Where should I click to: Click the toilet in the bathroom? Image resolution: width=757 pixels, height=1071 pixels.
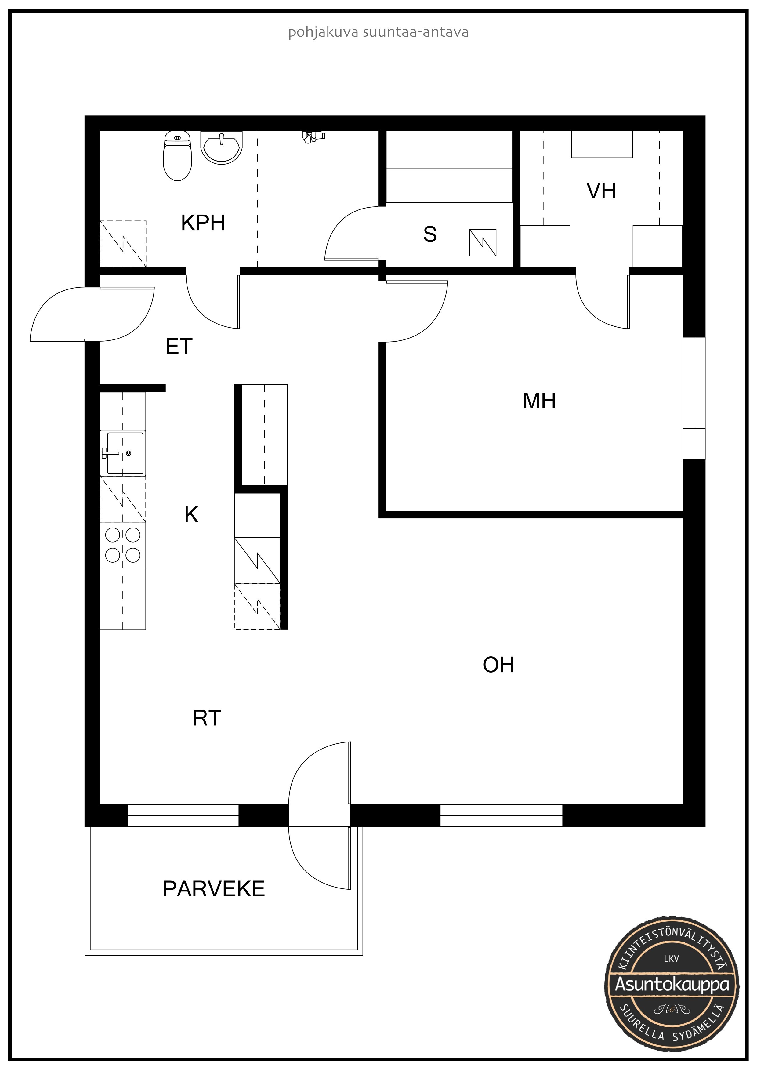tap(177, 155)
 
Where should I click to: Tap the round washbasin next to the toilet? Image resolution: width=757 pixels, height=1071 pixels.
tap(222, 147)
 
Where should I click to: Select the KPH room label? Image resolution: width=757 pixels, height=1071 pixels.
tap(203, 223)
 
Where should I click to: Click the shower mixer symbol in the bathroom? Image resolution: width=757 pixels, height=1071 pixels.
tap(313, 136)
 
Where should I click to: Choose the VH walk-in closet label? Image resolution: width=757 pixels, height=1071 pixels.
tap(601, 191)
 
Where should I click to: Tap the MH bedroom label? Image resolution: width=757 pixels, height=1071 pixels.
tap(539, 401)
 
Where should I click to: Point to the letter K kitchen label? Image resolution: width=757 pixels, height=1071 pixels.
tap(191, 515)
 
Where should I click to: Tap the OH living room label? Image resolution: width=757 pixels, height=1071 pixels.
tap(498, 665)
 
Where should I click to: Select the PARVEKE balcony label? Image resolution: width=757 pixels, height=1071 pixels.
tap(214, 889)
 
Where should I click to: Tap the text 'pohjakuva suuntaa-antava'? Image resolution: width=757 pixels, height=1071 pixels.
tap(378, 32)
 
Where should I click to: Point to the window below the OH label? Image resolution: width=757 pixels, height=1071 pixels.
tap(502, 815)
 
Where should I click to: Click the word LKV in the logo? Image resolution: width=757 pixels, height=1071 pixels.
tap(671, 959)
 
